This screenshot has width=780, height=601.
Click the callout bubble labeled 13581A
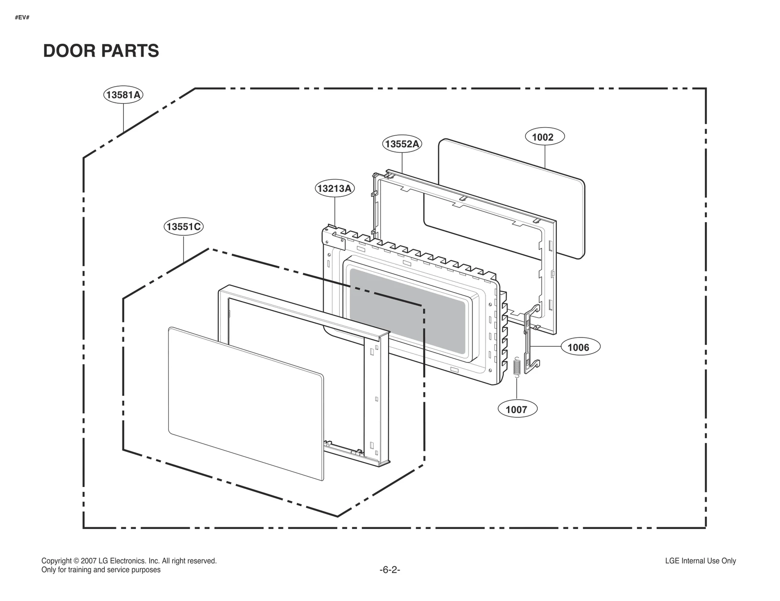pos(123,95)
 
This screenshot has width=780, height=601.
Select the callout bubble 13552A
pos(401,144)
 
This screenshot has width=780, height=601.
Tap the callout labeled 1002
pos(545,137)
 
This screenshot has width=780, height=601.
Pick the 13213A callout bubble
pos(334,188)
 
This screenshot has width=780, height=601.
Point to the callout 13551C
pos(183,226)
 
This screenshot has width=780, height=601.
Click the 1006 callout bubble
pos(580,347)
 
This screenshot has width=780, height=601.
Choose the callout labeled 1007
pos(517,409)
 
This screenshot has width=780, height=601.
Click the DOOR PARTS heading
pos(101,51)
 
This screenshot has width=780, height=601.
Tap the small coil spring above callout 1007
pos(517,367)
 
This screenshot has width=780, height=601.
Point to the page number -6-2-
pos(390,570)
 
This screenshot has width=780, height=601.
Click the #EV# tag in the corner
pos(22,18)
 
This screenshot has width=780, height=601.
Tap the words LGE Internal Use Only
pos(700,561)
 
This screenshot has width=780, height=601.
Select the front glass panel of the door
pos(244,404)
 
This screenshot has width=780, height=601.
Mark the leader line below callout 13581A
pos(123,117)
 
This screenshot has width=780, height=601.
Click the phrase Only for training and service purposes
pos(101,570)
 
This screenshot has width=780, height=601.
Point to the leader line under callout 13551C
pos(183,248)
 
